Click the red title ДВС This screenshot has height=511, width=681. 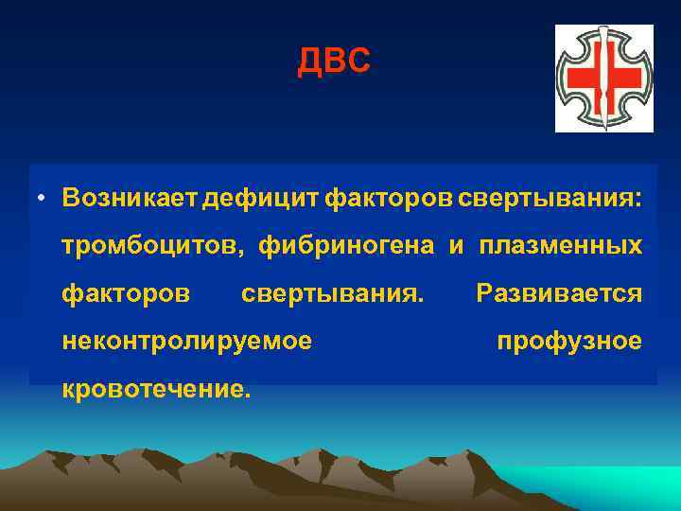[334, 62]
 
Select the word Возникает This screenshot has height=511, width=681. [130, 198]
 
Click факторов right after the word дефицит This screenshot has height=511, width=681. [389, 198]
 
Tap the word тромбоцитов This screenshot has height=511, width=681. [149, 246]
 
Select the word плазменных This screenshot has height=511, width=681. [560, 246]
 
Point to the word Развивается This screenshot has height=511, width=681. [559, 293]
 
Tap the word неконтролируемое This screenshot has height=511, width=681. [186, 341]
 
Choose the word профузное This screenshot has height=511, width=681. [569, 341]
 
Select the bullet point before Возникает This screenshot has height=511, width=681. [43, 199]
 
